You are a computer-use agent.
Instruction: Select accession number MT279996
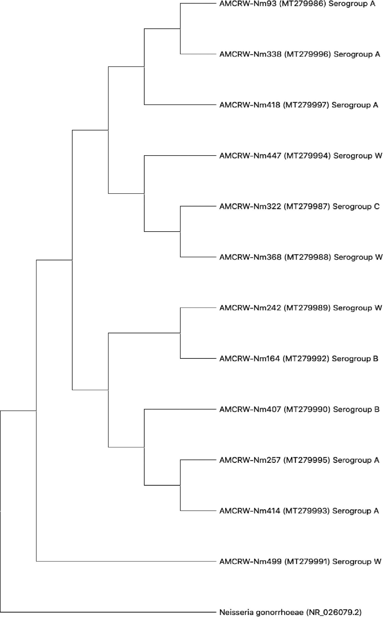pyautogui.click(x=307, y=54)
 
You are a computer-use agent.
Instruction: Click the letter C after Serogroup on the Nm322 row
pyautogui.click(x=377, y=206)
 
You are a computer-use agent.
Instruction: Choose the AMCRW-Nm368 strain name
pyautogui.click(x=250, y=257)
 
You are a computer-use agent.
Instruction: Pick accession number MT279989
pyautogui.click(x=307, y=308)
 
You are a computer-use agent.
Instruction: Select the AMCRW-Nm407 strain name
pyautogui.click(x=250, y=410)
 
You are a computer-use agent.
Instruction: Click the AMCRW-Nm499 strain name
pyautogui.click(x=250, y=562)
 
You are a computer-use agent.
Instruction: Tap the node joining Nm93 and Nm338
pyautogui.click(x=180, y=29)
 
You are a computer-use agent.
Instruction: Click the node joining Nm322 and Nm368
pyautogui.click(x=180, y=232)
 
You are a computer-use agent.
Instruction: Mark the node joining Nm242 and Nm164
pyautogui.click(x=180, y=333)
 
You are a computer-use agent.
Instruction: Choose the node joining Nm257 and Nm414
pyautogui.click(x=180, y=485)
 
